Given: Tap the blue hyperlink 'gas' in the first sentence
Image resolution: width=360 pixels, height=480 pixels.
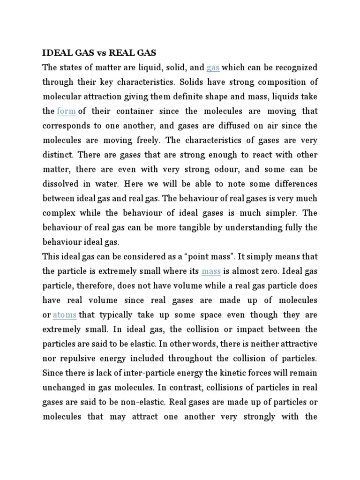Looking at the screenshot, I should [x=213, y=67].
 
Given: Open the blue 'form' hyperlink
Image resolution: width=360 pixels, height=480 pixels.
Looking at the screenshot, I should [x=66, y=112].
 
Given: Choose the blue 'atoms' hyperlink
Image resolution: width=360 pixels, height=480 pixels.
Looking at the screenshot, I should [x=65, y=315].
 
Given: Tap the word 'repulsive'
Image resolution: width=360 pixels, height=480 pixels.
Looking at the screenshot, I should [x=80, y=358].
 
